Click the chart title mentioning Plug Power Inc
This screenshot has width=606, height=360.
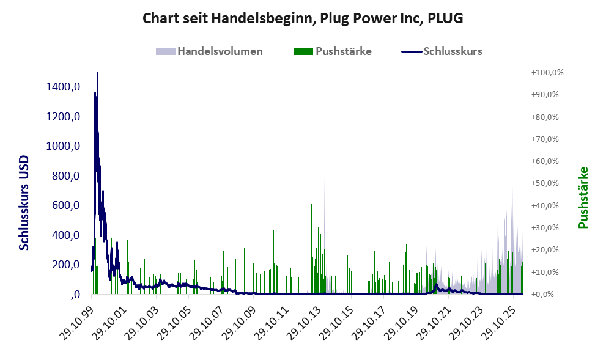pyautogui.click(x=303, y=18)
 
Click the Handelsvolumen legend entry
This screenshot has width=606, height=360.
pyautogui.click(x=209, y=51)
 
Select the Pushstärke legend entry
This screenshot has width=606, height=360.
pyautogui.click(x=333, y=51)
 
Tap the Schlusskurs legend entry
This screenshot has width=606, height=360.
pyautogui.click(x=442, y=51)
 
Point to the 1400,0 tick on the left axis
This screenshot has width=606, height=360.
pyautogui.click(x=63, y=87)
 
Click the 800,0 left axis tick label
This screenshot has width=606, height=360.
pyautogui.click(x=65, y=176)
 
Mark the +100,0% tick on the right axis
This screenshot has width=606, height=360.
pyautogui.click(x=547, y=73)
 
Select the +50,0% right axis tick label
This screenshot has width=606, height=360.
pyautogui.click(x=545, y=183)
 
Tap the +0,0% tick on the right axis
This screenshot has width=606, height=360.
pyautogui.click(x=542, y=295)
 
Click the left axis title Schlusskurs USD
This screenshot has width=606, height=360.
pyautogui.click(x=24, y=203)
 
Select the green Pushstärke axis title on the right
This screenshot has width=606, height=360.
pyautogui.click(x=583, y=197)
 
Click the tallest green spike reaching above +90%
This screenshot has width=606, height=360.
pyautogui.click(x=325, y=192)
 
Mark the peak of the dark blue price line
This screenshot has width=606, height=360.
pyautogui.click(x=97, y=73)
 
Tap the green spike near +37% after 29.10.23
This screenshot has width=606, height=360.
pyautogui.click(x=490, y=252)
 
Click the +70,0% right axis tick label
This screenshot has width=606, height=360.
pyautogui.click(x=545, y=139)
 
